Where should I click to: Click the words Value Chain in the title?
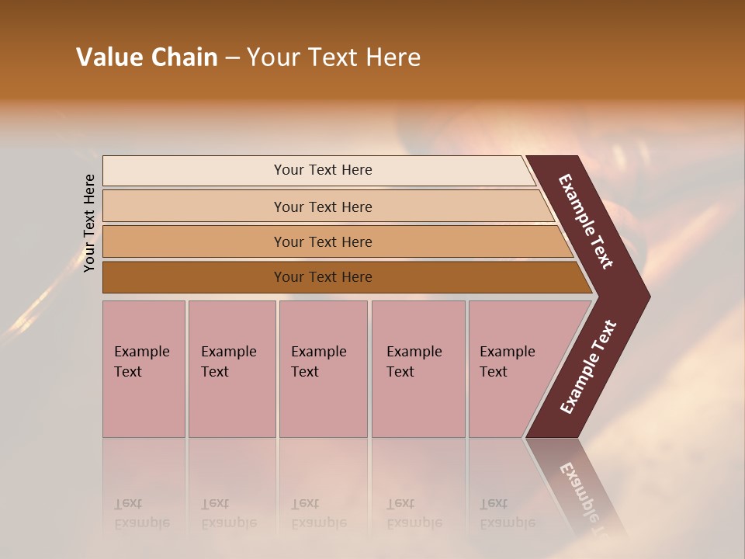[147, 57]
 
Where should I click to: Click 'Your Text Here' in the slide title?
[334, 57]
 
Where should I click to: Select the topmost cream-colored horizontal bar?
[322, 170]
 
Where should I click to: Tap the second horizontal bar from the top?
[322, 207]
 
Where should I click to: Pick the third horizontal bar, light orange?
[322, 241]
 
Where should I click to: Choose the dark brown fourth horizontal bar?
[322, 277]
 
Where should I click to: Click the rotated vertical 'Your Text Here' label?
[89, 223]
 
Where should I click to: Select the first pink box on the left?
[144, 369]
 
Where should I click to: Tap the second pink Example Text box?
[231, 369]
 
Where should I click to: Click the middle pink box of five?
[323, 369]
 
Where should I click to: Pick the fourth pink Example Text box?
[418, 369]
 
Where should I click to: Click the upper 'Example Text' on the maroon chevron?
[586, 221]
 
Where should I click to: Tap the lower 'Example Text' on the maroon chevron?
[588, 366]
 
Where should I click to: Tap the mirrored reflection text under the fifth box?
[507, 513]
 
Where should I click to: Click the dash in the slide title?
[232, 58]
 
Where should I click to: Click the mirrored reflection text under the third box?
[318, 513]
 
